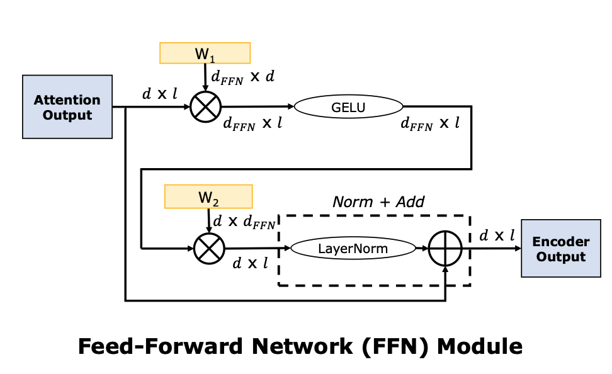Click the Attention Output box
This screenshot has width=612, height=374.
pos(67,107)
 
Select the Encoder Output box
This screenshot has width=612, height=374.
pos(560,249)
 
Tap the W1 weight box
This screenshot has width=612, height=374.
pos(205,53)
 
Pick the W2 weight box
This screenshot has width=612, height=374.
pos(208,196)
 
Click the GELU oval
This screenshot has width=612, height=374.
pos(348,107)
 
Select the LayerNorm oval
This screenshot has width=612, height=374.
pos(353,249)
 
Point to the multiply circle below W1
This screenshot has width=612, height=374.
pos(206,107)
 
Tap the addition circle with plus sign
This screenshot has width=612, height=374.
pos(445,249)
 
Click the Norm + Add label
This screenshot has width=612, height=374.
pos(378,202)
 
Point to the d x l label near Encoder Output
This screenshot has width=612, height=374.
pos(497,235)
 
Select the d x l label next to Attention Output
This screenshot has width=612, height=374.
pos(159,94)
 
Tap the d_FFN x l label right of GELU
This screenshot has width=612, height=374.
pos(430,123)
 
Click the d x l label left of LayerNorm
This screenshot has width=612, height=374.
pos(251,263)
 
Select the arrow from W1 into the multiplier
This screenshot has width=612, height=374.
pos(205,78)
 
